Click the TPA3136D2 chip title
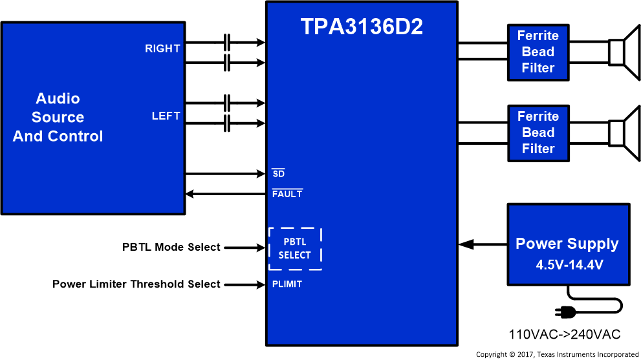tap(362, 26)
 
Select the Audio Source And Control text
tap(58, 118)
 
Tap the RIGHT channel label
tap(162, 48)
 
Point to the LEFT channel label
tap(166, 116)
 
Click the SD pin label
tap(278, 174)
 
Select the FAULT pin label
tap(287, 194)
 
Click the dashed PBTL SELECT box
tap(295, 249)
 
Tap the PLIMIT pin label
tap(287, 284)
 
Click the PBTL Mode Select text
tap(171, 247)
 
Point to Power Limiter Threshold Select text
tap(136, 284)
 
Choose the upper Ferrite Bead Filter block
tap(538, 52)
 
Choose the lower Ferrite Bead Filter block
tap(538, 132)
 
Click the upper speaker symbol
tap(622, 52)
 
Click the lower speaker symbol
tap(622, 132)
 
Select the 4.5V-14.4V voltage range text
tap(567, 265)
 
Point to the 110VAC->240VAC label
tap(565, 335)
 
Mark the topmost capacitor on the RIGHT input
tap(226, 43)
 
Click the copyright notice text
tap(557, 354)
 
